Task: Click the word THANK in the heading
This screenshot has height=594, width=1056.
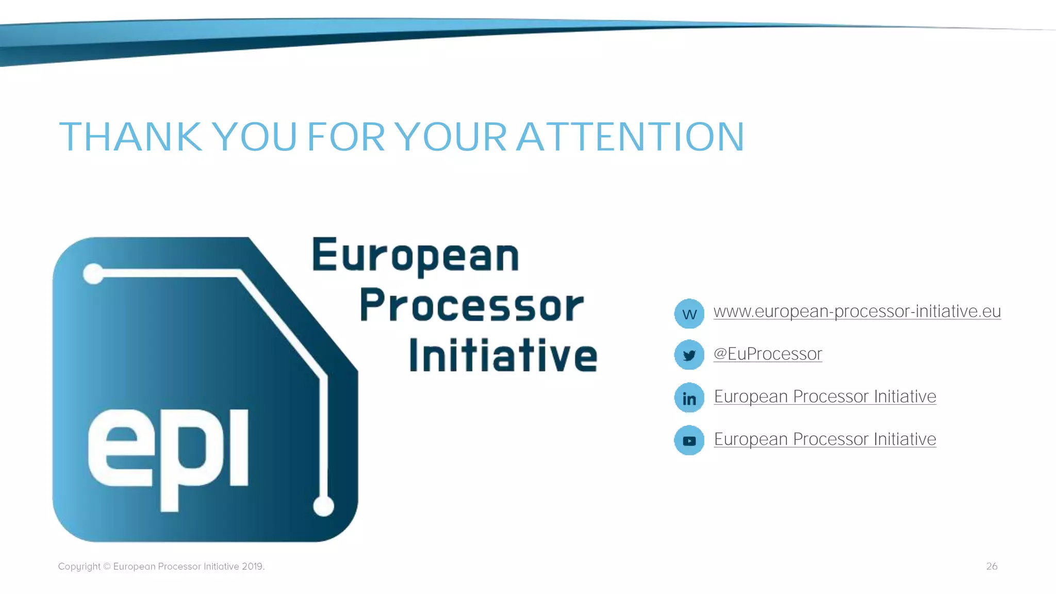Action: coord(130,137)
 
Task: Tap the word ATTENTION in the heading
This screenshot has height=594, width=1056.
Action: coord(630,137)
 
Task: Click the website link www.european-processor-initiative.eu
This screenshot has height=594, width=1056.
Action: coord(857,311)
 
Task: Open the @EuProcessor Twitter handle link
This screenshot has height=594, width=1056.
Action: coord(767,354)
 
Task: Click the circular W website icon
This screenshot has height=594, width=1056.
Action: coord(689,313)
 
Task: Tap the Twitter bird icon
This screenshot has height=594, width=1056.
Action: coord(689,355)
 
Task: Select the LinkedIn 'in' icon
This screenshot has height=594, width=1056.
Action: coord(689,398)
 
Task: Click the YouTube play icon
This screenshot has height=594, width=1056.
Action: coord(689,440)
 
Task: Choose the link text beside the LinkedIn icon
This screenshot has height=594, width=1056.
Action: coord(825,397)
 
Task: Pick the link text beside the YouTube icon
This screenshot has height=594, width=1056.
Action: coord(825,439)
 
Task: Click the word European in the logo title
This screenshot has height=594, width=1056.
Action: coord(416,256)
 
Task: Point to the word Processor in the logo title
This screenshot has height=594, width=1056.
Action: coord(471,305)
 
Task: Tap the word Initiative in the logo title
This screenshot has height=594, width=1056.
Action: coord(503,355)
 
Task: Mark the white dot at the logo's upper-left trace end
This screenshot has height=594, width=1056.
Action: coord(93,273)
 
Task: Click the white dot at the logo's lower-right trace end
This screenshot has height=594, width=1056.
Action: coord(324,506)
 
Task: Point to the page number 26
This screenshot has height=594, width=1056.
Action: coord(992,566)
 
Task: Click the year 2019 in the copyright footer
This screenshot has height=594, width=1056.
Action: coord(252,566)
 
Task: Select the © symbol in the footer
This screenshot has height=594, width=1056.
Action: coord(107,566)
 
